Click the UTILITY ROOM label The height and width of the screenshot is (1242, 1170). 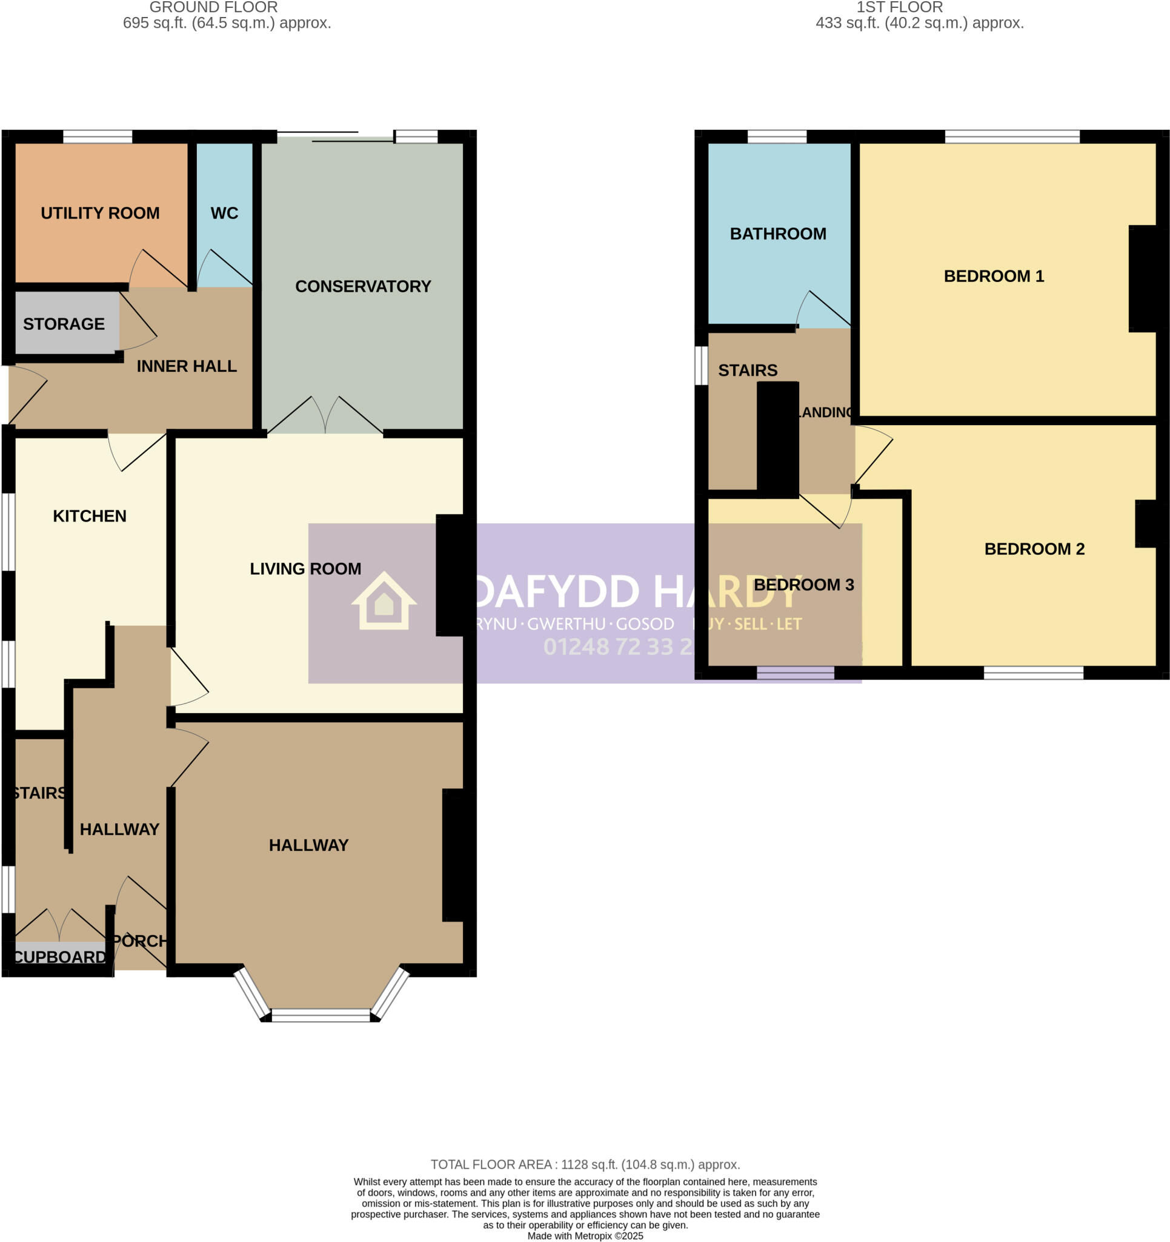coord(100,213)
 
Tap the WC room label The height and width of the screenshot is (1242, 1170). coord(224,213)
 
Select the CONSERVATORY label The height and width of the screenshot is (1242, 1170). coord(363,286)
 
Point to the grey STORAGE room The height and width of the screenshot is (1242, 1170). coord(64,324)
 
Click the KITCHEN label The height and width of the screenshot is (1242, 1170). coord(89,515)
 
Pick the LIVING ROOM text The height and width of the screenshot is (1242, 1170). coord(305,568)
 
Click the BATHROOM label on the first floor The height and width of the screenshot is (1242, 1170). coord(777,233)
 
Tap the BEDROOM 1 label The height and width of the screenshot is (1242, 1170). coord(993,276)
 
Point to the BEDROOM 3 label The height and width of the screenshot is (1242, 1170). coord(803,585)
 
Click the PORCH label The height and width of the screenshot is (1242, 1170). coord(140,940)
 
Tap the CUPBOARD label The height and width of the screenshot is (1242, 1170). coord(60,957)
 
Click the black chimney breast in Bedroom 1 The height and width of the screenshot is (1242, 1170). coord(1142,278)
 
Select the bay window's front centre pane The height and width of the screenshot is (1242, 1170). coord(321,1016)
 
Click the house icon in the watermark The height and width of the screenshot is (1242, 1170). coord(384,601)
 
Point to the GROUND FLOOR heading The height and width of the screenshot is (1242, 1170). coord(213,7)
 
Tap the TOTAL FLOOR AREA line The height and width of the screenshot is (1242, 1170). coord(585,1164)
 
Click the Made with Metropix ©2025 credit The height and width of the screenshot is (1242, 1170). coord(585,1236)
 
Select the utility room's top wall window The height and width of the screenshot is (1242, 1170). coord(98,136)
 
